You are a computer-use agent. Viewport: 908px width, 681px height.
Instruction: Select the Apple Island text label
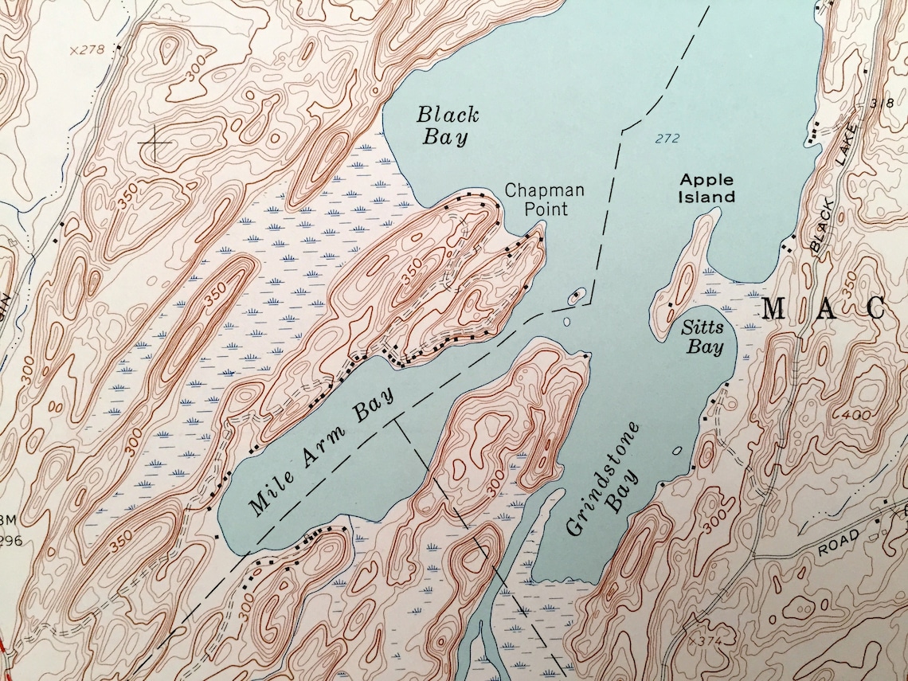coord(706,189)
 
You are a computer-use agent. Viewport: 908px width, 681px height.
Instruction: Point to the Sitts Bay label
coord(703,337)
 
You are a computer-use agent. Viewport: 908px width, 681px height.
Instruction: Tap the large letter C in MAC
coord(875,309)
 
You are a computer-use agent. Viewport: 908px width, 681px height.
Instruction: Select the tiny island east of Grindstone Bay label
coord(677,451)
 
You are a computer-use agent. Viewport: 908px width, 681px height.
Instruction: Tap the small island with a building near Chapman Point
coord(575,298)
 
